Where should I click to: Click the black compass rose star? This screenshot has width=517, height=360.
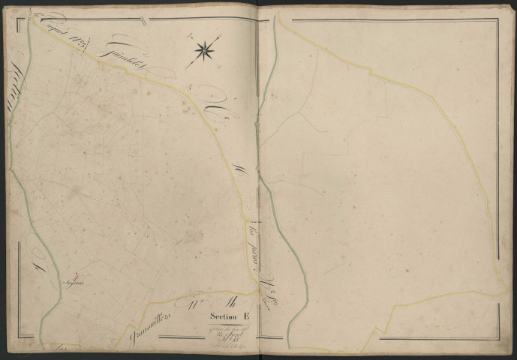[x=203, y=51]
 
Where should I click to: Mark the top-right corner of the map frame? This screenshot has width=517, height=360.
[x=497, y=20]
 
